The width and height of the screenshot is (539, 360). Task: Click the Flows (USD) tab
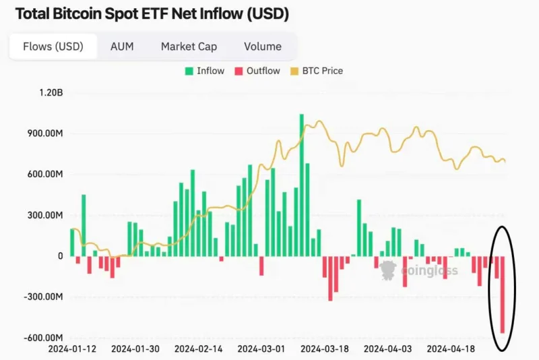click(x=53, y=47)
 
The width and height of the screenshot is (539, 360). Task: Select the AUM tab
click(x=122, y=47)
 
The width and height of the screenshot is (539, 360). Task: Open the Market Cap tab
click(x=189, y=47)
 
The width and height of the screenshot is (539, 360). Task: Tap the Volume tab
click(x=263, y=47)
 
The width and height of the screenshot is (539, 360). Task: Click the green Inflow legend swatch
click(x=189, y=71)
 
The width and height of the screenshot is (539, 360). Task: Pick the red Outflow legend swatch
click(x=239, y=71)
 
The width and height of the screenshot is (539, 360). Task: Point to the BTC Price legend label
click(x=323, y=71)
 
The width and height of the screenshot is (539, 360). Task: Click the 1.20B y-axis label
click(x=51, y=92)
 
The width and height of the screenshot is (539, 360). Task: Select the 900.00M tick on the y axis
click(x=45, y=133)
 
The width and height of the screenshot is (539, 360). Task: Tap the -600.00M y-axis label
click(x=43, y=337)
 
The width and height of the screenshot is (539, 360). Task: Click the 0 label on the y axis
click(x=61, y=256)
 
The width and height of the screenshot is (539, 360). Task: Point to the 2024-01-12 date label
click(x=72, y=349)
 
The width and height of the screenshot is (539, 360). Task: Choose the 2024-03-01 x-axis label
click(x=261, y=349)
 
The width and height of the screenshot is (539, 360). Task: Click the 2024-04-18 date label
click(x=451, y=349)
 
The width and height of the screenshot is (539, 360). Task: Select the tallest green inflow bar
click(x=301, y=185)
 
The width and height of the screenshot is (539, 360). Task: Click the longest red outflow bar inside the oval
click(x=502, y=295)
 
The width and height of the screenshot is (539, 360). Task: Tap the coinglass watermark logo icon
click(x=389, y=270)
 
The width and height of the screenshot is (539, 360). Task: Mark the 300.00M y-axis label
click(x=45, y=215)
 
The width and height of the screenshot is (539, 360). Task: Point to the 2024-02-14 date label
click(x=198, y=349)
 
